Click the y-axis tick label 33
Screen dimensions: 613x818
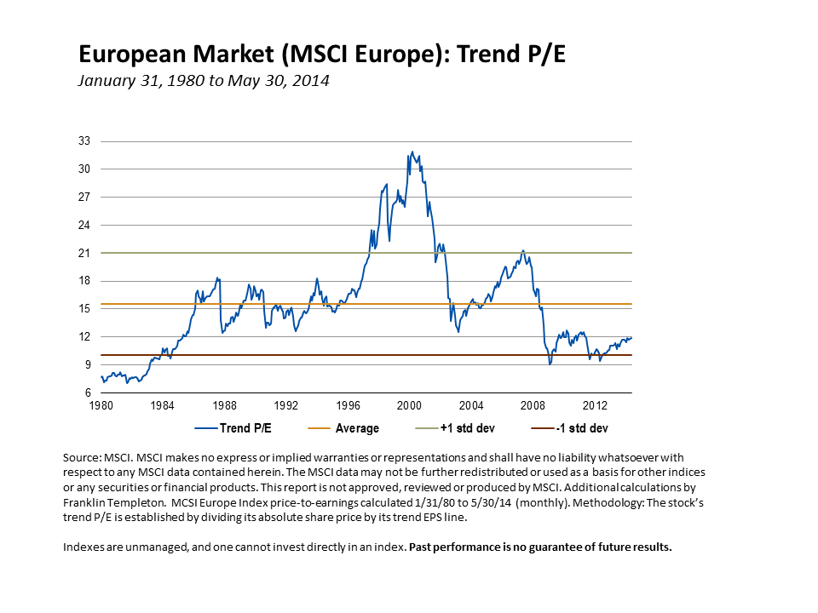(x=84, y=140)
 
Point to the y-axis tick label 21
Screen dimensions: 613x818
(x=84, y=253)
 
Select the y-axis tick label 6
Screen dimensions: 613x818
(x=86, y=393)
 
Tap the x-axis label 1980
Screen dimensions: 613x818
(x=101, y=405)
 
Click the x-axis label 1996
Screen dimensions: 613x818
(x=348, y=405)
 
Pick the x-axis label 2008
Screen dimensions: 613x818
(x=533, y=405)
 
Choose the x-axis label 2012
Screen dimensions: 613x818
(x=595, y=405)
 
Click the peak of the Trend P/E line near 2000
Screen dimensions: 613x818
(x=412, y=152)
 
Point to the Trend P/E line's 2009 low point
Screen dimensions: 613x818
(x=550, y=364)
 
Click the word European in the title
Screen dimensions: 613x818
(x=130, y=54)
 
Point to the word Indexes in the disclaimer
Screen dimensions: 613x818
(x=85, y=547)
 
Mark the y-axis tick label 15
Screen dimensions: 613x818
(x=84, y=309)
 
